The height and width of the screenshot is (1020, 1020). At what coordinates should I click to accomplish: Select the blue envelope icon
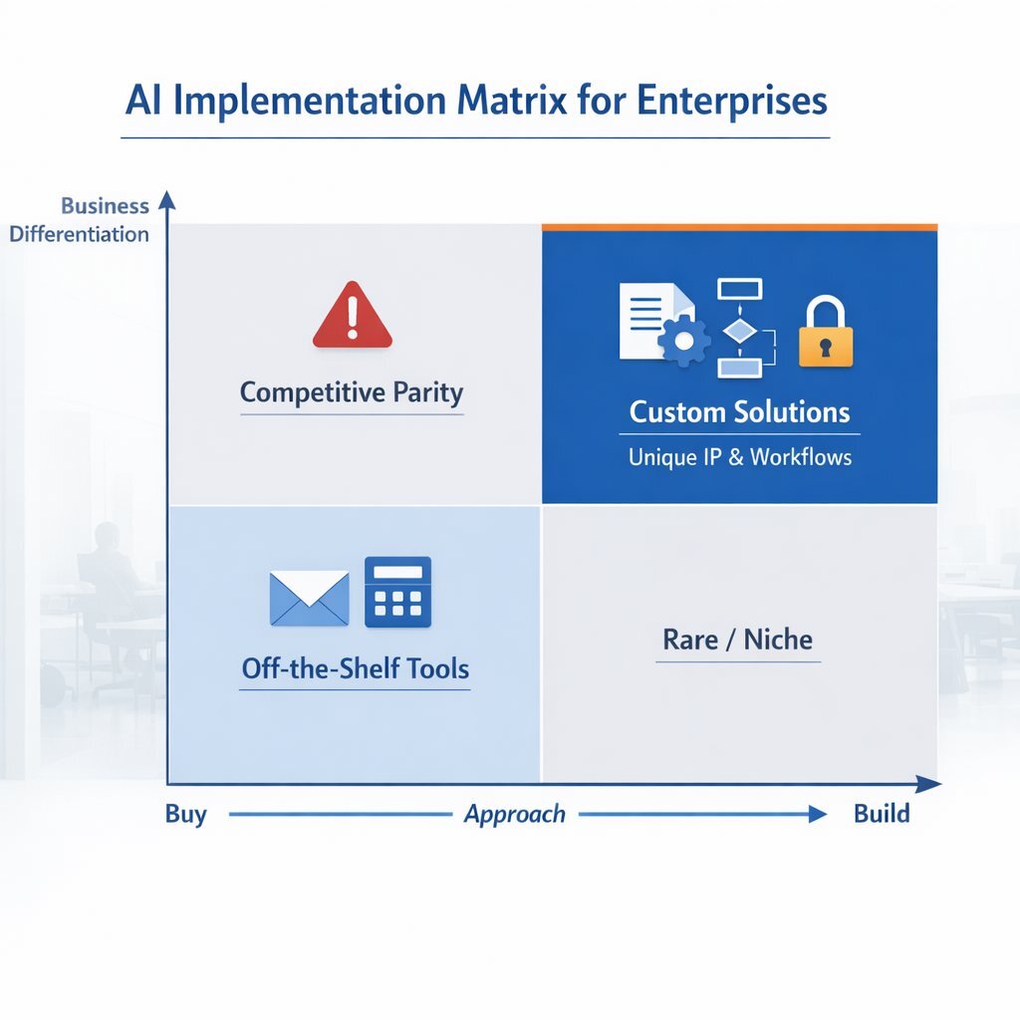tap(310, 598)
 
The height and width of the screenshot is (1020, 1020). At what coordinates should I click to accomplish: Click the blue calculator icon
tap(397, 592)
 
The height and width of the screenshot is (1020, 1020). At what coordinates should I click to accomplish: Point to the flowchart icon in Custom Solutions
tap(739, 328)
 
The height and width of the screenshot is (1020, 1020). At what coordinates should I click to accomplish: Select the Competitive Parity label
tap(352, 392)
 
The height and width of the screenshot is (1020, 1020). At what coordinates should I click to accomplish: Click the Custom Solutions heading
tap(739, 412)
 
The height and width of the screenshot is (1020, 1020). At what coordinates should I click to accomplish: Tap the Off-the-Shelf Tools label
tap(356, 669)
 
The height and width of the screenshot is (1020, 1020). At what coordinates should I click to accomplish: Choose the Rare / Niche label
tap(738, 639)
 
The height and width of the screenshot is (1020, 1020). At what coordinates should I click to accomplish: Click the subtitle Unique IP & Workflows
tap(739, 457)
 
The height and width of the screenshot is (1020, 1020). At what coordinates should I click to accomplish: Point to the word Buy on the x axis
tap(186, 814)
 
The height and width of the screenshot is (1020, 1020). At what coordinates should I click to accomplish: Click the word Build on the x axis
tap(882, 814)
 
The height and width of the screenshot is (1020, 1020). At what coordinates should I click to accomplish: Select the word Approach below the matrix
tap(515, 814)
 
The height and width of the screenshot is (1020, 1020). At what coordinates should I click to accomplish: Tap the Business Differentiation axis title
tap(80, 220)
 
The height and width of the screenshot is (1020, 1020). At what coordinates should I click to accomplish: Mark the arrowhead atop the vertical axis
tap(167, 199)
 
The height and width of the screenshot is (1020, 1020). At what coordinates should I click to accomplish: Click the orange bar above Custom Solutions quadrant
tap(739, 227)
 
